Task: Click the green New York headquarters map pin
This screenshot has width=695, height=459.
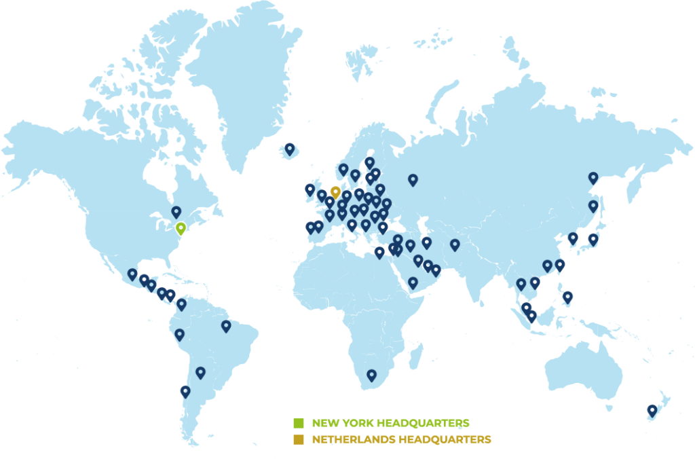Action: (181, 228)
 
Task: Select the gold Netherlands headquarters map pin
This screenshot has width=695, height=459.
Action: (335, 192)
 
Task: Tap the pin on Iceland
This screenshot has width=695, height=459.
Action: (290, 149)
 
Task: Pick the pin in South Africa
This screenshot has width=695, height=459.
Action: (371, 375)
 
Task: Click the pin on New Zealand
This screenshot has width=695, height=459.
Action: (652, 409)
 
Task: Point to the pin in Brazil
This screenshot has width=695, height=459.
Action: (226, 326)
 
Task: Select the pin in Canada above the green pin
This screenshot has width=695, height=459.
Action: (176, 212)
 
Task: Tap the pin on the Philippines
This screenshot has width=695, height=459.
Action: (568, 296)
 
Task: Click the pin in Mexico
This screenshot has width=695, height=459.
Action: (132, 274)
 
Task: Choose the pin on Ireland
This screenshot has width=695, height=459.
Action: (310, 189)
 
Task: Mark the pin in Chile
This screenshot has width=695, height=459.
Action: (185, 391)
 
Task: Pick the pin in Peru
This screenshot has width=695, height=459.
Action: (179, 334)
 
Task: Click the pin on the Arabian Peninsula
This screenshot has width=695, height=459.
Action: (413, 282)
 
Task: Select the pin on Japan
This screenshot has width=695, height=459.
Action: (593, 238)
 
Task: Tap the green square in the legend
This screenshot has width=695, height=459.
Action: (299, 423)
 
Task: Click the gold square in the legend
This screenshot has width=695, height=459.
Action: (299, 440)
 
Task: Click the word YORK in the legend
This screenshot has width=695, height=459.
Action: (357, 423)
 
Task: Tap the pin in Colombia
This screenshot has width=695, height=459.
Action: (181, 304)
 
